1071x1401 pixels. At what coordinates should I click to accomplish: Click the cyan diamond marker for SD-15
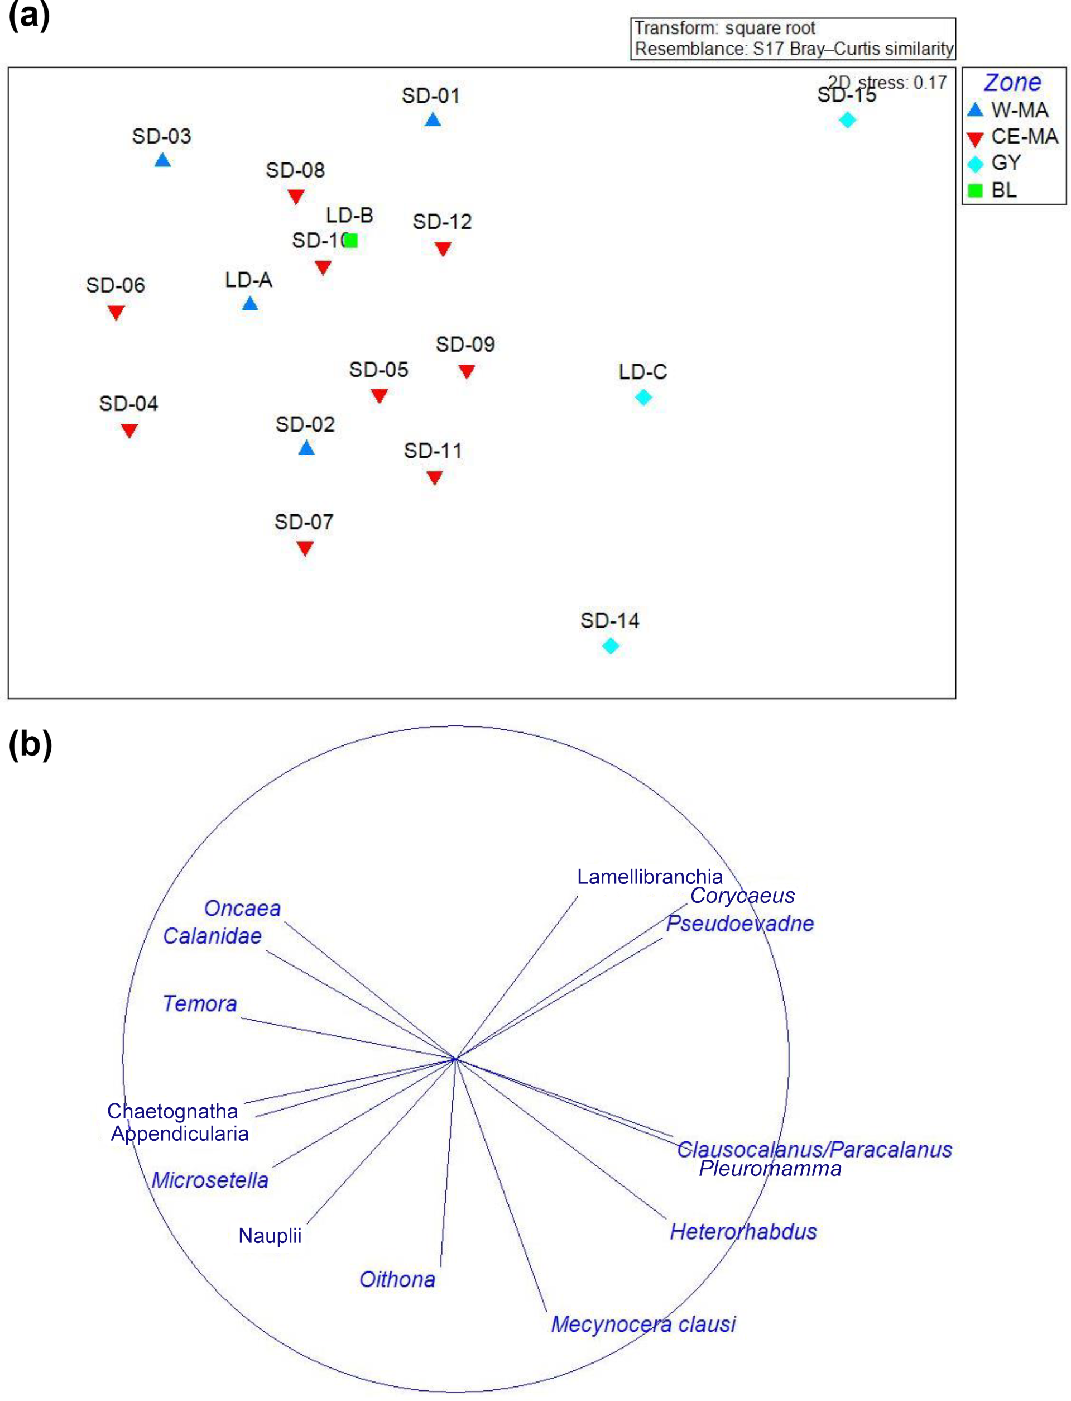[x=847, y=120]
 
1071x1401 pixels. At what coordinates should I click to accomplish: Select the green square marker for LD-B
[x=350, y=241]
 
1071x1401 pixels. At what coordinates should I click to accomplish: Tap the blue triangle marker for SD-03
[x=162, y=160]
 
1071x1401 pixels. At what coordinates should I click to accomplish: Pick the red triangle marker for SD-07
[x=305, y=548]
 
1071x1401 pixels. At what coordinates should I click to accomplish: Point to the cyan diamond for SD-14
[x=610, y=646]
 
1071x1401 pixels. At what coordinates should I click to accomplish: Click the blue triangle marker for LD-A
[x=250, y=304]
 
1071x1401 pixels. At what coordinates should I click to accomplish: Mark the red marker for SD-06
[x=116, y=313]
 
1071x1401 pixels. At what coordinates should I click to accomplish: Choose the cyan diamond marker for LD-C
[x=643, y=397]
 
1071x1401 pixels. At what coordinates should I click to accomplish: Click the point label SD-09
[x=465, y=345]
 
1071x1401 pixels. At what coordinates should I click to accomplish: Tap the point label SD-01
[x=430, y=96]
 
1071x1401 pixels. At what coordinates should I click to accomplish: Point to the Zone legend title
[x=1012, y=83]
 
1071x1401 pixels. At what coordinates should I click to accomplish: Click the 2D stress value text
[x=887, y=83]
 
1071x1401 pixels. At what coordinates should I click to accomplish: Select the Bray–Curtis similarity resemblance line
[x=794, y=49]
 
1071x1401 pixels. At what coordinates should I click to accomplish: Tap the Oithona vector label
[x=397, y=1279]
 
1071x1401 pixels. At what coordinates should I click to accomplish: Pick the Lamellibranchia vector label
[x=649, y=877]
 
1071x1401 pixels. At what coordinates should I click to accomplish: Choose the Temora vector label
[x=200, y=1004]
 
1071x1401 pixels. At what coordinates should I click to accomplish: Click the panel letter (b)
[x=30, y=744]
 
